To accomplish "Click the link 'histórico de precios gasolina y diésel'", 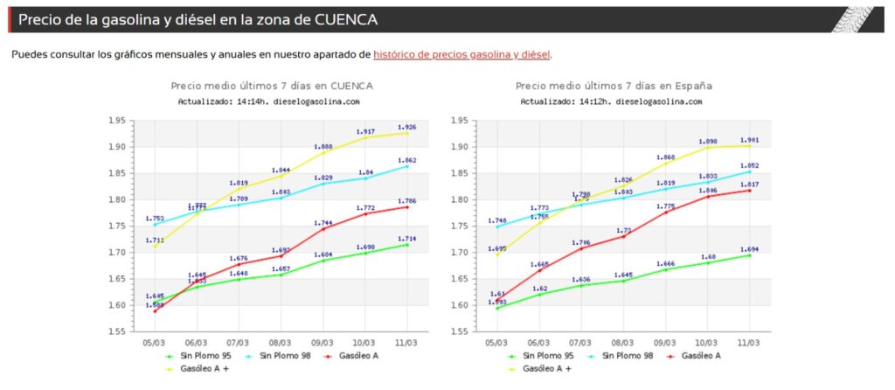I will pos(461,54).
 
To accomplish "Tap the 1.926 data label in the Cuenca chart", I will pos(407,128).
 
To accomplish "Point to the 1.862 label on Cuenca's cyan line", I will pos(407,160).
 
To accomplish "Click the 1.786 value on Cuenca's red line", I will pos(407,201).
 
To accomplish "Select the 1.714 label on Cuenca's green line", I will pos(407,239).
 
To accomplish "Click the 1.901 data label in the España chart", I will pos(749,140).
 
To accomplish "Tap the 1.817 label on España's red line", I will pos(749,185).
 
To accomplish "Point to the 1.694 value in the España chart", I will pos(749,249).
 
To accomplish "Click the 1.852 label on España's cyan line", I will pos(749,165).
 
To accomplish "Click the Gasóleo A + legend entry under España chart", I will pos(547,369).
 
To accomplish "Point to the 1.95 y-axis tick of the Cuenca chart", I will pos(114,121).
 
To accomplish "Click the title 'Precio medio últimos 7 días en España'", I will pos(614,86).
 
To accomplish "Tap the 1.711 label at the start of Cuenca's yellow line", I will pos(155,240).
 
